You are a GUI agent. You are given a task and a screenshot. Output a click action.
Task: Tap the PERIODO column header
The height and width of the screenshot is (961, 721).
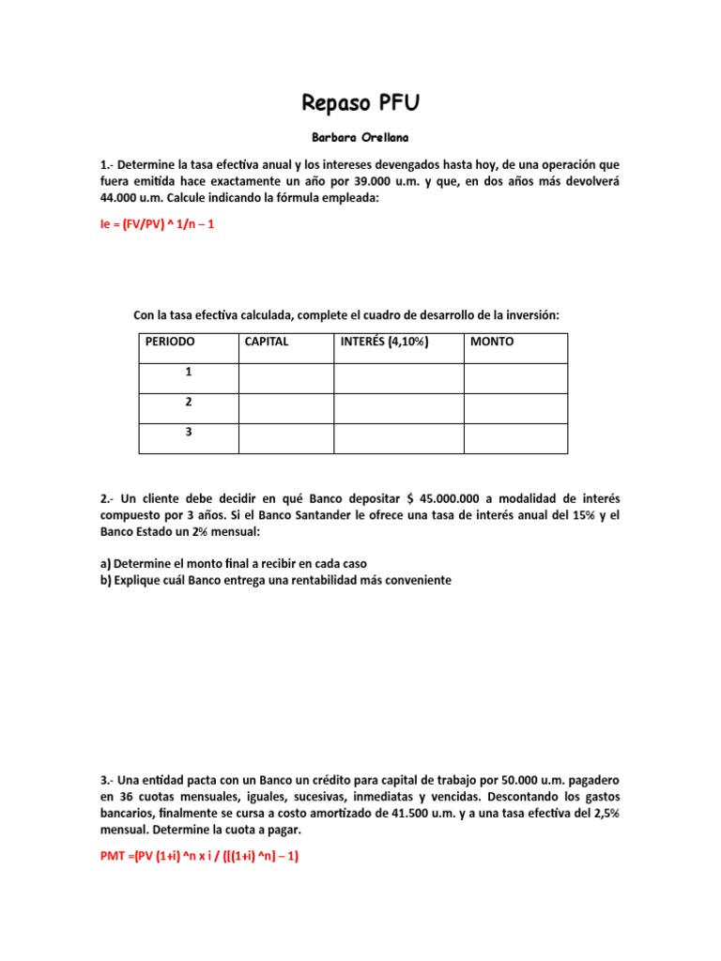pyautogui.click(x=170, y=342)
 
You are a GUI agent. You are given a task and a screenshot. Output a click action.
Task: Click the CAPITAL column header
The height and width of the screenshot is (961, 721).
pyautogui.click(x=267, y=342)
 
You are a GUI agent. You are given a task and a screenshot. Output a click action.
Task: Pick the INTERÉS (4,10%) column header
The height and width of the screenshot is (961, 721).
pyautogui.click(x=384, y=342)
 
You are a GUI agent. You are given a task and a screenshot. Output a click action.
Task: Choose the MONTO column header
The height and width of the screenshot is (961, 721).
pyautogui.click(x=492, y=342)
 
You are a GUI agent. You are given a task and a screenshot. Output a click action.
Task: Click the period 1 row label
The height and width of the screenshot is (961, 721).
pyautogui.click(x=188, y=372)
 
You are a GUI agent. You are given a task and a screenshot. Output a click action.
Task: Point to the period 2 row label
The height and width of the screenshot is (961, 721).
pyautogui.click(x=188, y=402)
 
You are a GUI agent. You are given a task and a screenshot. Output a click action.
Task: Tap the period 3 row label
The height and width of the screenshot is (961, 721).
pyautogui.click(x=188, y=432)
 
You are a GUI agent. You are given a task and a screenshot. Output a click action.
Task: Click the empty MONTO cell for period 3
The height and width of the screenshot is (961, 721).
pyautogui.click(x=515, y=438)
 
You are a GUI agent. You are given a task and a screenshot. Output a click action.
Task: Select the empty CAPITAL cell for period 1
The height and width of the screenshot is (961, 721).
pyautogui.click(x=286, y=378)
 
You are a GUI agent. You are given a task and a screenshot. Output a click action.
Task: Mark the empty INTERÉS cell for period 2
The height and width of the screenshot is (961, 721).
pyautogui.click(x=399, y=408)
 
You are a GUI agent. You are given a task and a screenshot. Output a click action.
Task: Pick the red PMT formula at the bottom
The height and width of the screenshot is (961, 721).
pyautogui.click(x=198, y=856)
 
